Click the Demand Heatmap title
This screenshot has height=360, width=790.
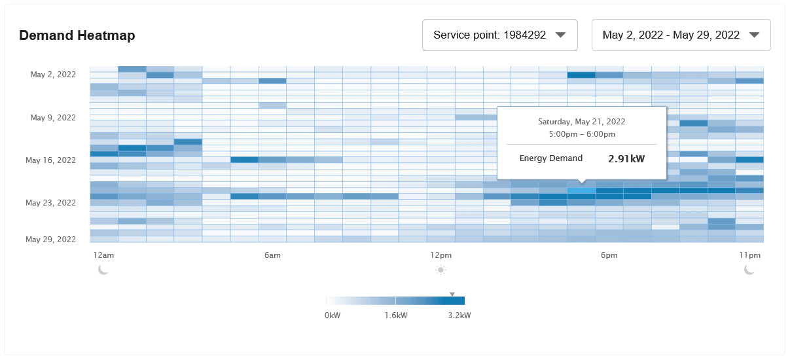pyautogui.click(x=77, y=36)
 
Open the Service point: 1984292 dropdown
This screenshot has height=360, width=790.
pyautogui.click(x=500, y=35)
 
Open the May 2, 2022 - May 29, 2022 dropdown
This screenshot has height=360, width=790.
pyautogui.click(x=681, y=35)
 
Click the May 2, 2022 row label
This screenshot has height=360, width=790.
pyautogui.click(x=53, y=75)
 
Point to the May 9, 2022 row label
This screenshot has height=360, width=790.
pyautogui.click(x=53, y=118)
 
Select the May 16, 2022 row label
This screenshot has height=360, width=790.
pyautogui.click(x=51, y=160)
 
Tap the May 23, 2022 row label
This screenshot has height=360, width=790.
pyautogui.click(x=51, y=203)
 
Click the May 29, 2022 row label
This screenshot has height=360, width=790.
pyautogui.click(x=51, y=240)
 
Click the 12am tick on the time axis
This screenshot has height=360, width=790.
pyautogui.click(x=103, y=255)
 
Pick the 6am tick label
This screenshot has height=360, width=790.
pyautogui.click(x=272, y=255)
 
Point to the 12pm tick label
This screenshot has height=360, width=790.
pyautogui.click(x=441, y=255)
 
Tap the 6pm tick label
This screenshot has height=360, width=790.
pyautogui.click(x=609, y=255)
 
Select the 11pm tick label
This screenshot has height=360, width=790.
pyautogui.click(x=750, y=255)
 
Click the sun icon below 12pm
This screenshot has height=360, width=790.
pyautogui.click(x=441, y=270)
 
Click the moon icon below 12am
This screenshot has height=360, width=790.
pyautogui.click(x=103, y=270)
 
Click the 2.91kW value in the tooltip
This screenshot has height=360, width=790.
pyautogui.click(x=626, y=159)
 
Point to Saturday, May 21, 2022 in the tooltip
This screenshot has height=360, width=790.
pyautogui.click(x=581, y=122)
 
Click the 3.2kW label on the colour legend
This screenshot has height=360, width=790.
pyautogui.click(x=459, y=315)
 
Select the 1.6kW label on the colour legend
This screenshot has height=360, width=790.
pyautogui.click(x=395, y=315)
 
